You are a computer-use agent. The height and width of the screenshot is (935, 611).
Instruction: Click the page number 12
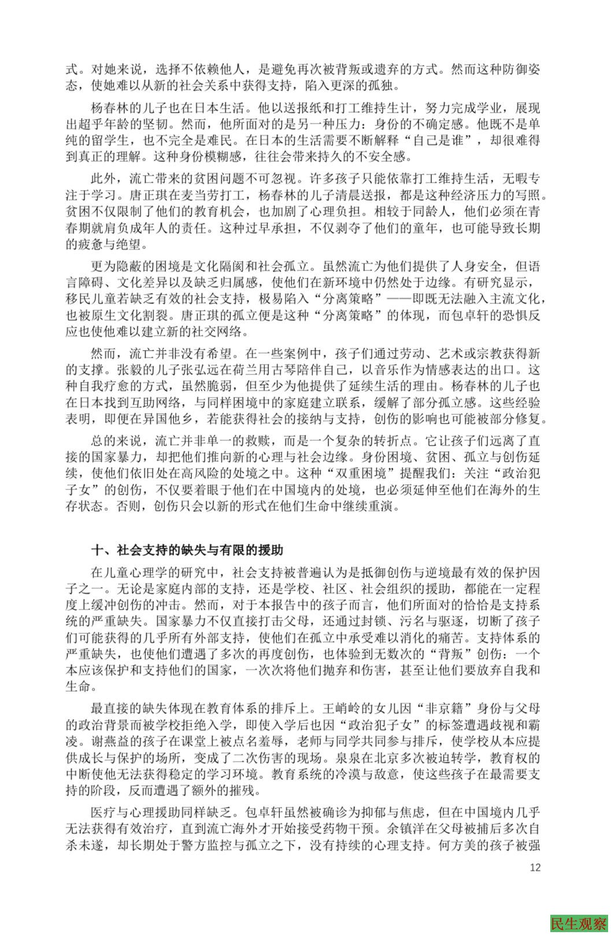tap(535, 867)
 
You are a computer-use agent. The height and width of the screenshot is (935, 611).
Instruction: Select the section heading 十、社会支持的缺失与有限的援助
tap(187, 549)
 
